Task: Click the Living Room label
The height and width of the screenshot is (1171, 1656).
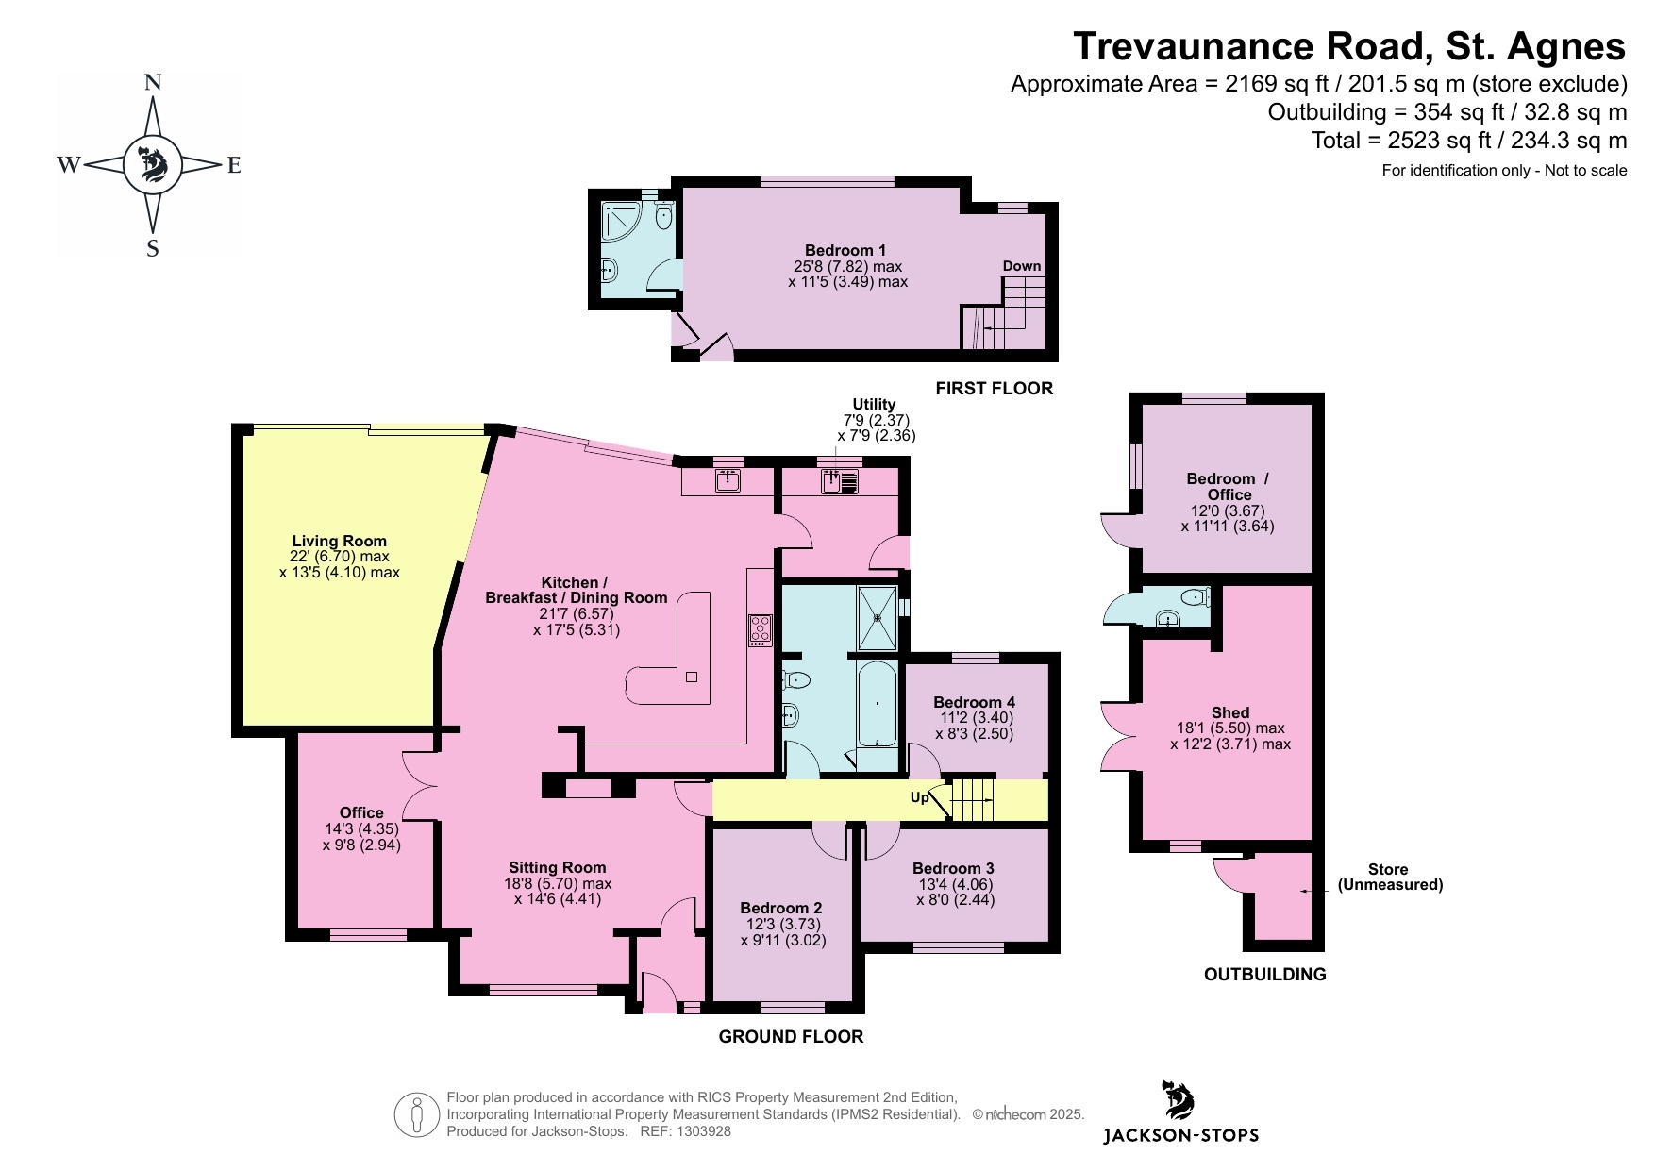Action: click(x=340, y=541)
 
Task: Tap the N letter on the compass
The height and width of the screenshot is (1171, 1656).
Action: click(x=152, y=83)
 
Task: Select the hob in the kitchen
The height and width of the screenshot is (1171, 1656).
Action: click(x=761, y=629)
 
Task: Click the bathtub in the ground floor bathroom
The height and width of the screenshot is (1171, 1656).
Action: click(x=878, y=704)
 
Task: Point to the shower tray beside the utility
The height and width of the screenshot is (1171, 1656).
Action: click(x=878, y=618)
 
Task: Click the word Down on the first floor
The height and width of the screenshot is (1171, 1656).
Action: click(x=1022, y=266)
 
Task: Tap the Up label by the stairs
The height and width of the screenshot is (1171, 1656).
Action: click(x=919, y=797)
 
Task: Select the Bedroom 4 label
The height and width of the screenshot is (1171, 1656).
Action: click(x=975, y=702)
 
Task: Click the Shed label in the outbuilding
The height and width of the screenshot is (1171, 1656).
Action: click(x=1230, y=712)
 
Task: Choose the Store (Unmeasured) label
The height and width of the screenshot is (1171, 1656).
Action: click(x=1390, y=877)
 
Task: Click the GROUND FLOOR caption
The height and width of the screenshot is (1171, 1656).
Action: click(x=791, y=1036)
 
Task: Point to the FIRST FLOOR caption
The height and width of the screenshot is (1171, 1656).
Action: click(x=995, y=388)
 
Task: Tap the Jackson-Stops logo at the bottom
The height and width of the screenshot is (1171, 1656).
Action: click(x=1180, y=1112)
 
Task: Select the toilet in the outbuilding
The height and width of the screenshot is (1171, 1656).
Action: click(x=1195, y=596)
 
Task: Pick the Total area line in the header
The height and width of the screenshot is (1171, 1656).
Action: click(x=1469, y=141)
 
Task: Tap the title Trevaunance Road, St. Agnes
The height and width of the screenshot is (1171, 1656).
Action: click(x=1350, y=45)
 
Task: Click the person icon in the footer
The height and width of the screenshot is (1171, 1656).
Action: click(x=417, y=1114)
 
